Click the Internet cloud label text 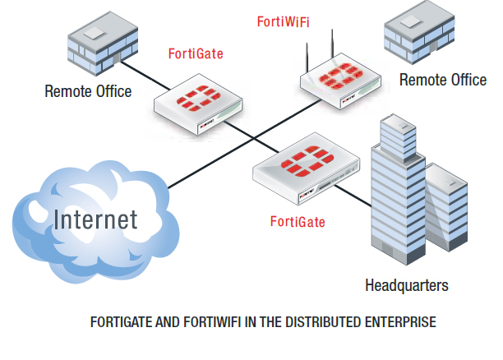(95, 219)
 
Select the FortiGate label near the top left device (195, 55)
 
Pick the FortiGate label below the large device (298, 222)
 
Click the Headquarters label (407, 285)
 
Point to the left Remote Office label (88, 91)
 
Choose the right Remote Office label (442, 80)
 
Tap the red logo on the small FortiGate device (197, 101)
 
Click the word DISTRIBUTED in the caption (316, 323)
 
